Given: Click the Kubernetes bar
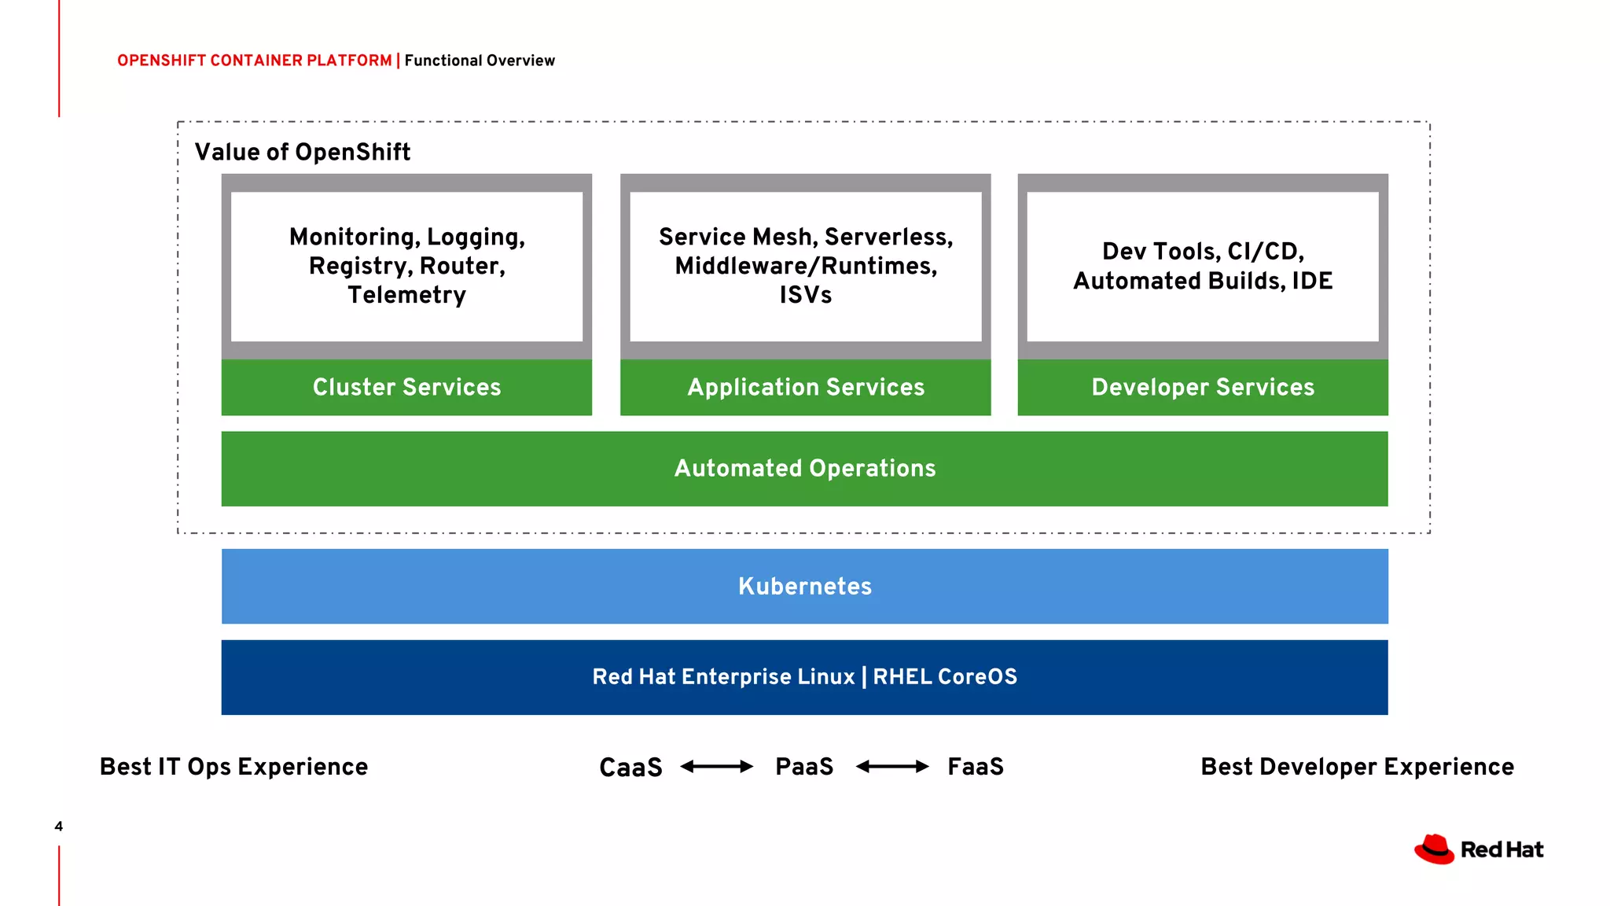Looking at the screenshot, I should (804, 586).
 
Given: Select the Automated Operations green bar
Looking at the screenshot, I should (804, 469).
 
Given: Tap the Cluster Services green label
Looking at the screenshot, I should (406, 387).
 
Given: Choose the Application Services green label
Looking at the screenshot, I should (805, 387).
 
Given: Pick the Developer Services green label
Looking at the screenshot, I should (1202, 387).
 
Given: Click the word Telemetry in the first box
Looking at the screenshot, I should (406, 295).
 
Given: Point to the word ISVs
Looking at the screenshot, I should (805, 295).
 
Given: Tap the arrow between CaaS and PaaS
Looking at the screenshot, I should (716, 766).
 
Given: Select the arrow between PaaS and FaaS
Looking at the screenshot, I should (891, 766).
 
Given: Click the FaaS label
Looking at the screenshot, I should (975, 766).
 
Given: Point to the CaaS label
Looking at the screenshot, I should (630, 767).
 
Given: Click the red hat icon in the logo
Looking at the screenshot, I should (1434, 849).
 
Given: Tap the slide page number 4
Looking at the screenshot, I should (58, 826).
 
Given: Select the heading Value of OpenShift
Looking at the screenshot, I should (303, 152).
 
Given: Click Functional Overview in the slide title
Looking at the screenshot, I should (480, 61).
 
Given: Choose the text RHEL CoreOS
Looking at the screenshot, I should (944, 676).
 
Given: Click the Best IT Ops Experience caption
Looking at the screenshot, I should (233, 767).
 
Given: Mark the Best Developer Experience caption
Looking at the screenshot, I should (1357, 767).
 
